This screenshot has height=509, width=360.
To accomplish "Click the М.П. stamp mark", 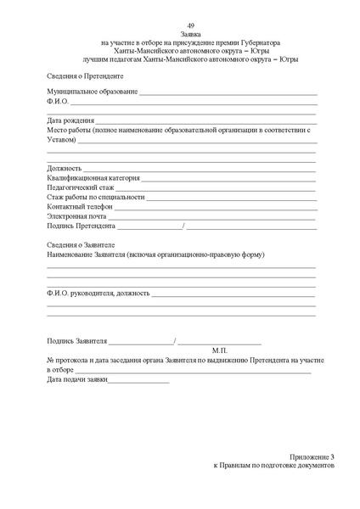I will pyautogui.click(x=219, y=350).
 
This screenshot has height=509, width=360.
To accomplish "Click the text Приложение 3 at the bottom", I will pyautogui.click(x=311, y=456).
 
